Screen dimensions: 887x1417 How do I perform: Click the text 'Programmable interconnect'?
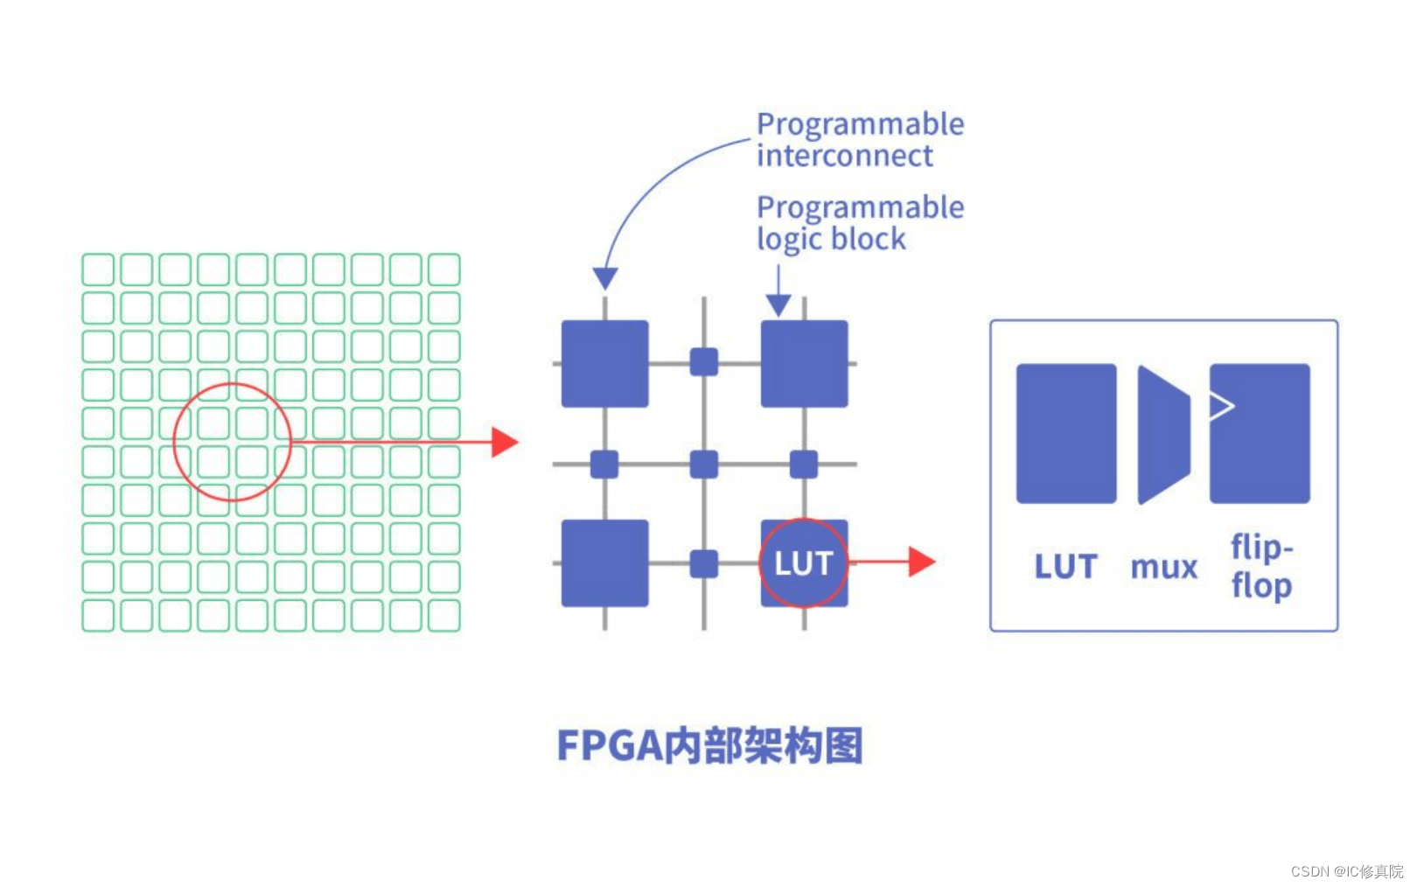click(x=859, y=140)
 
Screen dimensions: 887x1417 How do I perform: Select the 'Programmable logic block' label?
click(x=859, y=223)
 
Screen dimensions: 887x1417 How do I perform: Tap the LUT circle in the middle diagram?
click(x=803, y=562)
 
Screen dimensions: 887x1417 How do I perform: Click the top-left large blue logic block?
click(x=604, y=364)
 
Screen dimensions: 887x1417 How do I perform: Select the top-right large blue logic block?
click(x=804, y=364)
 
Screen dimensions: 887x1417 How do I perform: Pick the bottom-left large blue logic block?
click(x=604, y=563)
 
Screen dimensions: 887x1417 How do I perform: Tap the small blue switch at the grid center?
click(x=704, y=464)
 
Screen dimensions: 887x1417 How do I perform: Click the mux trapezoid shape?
click(x=1162, y=435)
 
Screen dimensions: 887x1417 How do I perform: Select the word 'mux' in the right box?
click(x=1163, y=568)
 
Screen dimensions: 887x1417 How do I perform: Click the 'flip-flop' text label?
click(x=1261, y=566)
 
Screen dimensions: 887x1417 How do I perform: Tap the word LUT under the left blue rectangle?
click(x=1065, y=567)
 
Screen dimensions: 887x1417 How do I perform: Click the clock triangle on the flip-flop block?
click(x=1221, y=405)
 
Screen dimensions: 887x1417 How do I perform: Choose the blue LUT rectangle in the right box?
click(x=1065, y=434)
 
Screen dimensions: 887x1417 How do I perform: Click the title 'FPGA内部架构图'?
click(x=709, y=745)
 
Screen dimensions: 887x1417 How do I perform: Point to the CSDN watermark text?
click(x=1346, y=871)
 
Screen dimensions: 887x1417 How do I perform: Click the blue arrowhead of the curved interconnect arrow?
click(x=605, y=279)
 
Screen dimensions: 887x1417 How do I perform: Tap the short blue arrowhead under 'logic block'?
click(x=778, y=305)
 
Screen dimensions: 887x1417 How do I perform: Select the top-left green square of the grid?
click(x=98, y=269)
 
